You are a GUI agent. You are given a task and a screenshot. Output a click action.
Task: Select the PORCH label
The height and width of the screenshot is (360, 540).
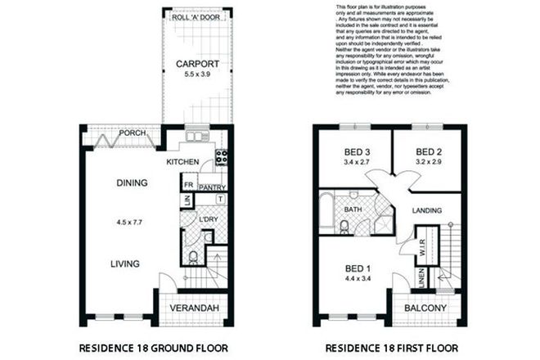point(133,133)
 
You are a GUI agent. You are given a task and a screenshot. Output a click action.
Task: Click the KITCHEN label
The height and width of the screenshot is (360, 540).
point(183,162)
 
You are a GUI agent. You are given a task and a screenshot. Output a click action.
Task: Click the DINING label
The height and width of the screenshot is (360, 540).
point(131,182)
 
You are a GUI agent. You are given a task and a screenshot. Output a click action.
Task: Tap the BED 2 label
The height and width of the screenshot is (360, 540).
point(429,151)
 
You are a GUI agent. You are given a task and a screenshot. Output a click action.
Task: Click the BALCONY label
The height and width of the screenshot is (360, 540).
point(425,308)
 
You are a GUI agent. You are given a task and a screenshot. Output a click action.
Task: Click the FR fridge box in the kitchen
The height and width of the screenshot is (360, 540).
point(187,186)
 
